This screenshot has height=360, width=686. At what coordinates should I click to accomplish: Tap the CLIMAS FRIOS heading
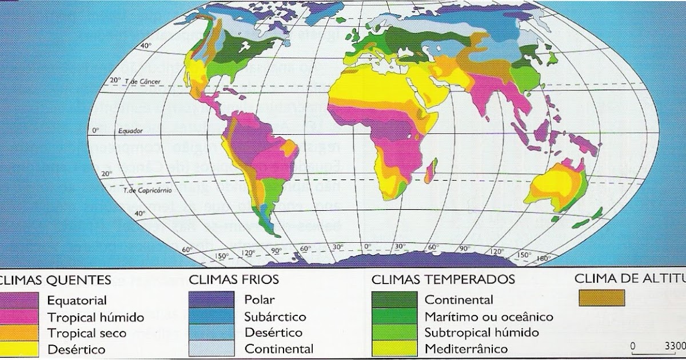(234, 280)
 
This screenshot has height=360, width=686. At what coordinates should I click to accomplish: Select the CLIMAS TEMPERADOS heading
(443, 280)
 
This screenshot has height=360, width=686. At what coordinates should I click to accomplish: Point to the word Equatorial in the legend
(77, 300)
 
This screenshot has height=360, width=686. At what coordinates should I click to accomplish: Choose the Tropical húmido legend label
(95, 317)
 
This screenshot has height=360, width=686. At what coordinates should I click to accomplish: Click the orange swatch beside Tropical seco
(19, 333)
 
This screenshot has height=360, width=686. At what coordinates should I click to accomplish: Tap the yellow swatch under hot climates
(19, 348)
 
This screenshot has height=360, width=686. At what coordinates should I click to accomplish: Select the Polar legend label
(259, 299)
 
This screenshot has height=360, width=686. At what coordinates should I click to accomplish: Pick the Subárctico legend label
(275, 317)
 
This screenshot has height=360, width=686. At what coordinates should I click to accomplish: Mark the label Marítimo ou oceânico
(488, 317)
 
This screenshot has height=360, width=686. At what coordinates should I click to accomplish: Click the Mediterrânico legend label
(465, 348)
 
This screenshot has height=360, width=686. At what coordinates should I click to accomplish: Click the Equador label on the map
(130, 131)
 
